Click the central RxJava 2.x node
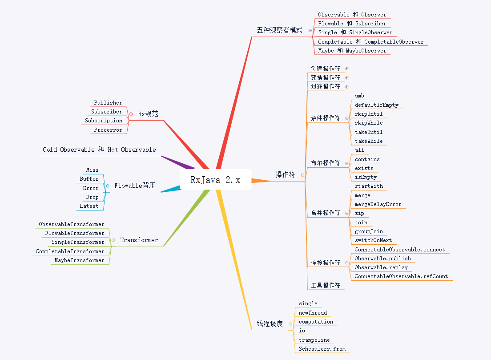(215, 179)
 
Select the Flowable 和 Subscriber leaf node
(352, 24)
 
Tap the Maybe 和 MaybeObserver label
(352, 51)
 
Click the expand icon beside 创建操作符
(347, 69)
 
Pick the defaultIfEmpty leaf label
(376, 105)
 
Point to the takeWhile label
(369, 141)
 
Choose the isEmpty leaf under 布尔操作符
(366, 177)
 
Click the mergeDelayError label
(378, 204)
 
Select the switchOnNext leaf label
(373, 240)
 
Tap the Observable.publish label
(382, 259)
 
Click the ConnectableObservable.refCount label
(401, 276)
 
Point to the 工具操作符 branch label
(325, 285)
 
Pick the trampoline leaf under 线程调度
(314, 340)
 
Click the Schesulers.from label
(322, 349)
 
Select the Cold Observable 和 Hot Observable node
(99, 150)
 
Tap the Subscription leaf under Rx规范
(104, 121)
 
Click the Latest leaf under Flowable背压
(89, 206)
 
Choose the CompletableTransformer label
(70, 251)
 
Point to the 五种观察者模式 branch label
(279, 30)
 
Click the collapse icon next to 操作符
(303, 175)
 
